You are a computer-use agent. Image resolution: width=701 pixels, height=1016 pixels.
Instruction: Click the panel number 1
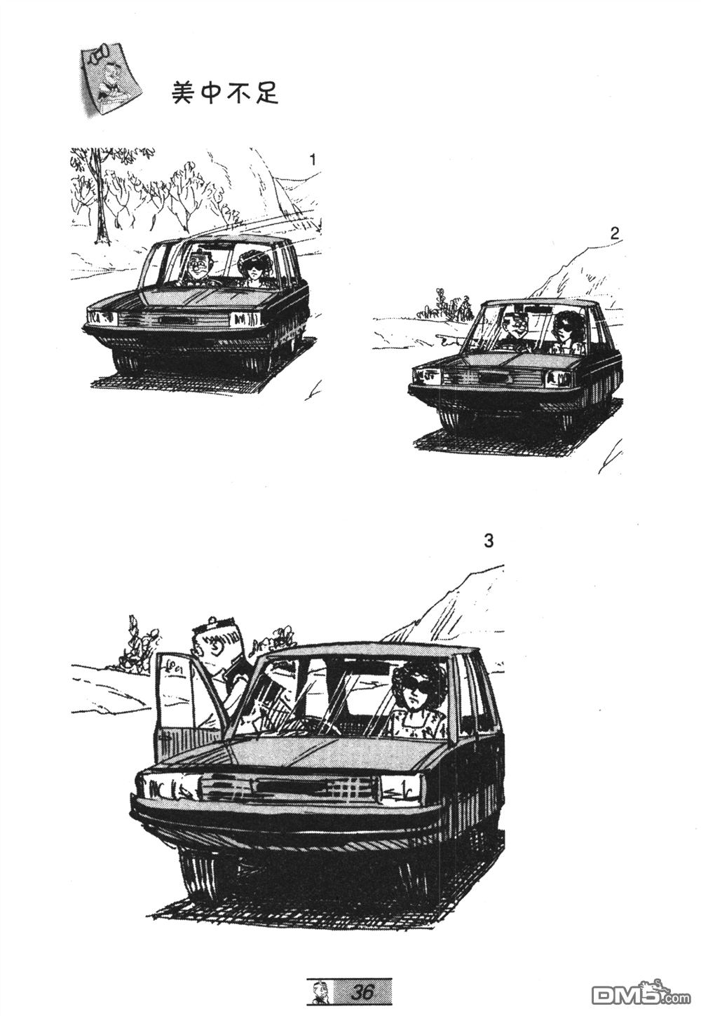pyautogui.click(x=312, y=160)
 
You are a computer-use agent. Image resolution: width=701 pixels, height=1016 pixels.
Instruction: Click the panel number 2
pyautogui.click(x=614, y=234)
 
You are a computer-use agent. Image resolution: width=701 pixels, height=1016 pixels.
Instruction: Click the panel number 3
pyautogui.click(x=488, y=541)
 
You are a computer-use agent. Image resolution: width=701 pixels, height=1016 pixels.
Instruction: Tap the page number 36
pyautogui.click(x=362, y=993)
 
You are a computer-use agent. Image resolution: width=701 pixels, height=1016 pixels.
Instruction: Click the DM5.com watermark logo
pyautogui.click(x=641, y=993)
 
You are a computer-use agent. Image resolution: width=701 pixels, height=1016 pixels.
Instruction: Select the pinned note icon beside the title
pyautogui.click(x=107, y=81)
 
